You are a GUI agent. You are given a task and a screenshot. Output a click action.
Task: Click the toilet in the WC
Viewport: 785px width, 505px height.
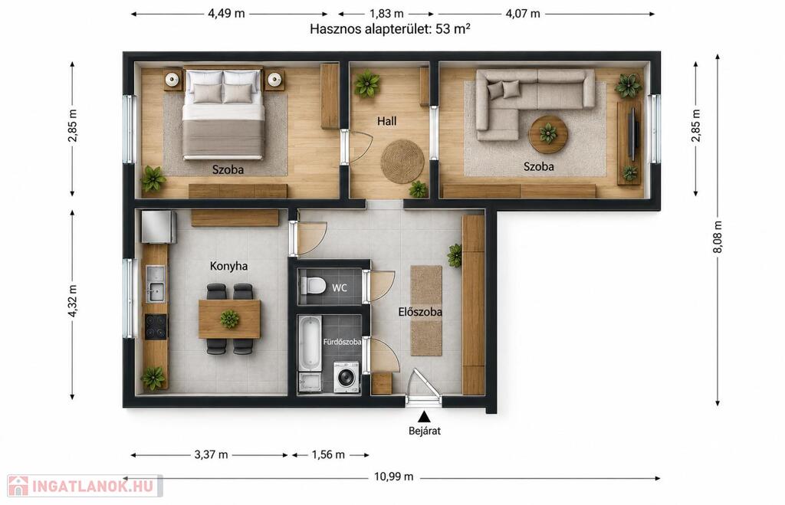pos(314,285)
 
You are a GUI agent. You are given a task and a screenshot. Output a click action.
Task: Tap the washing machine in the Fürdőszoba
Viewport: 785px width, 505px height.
pos(347,376)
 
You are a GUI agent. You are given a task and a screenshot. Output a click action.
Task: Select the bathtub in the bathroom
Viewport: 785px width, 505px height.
pos(309,344)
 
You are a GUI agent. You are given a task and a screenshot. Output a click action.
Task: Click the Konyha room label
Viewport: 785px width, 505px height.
pos(228,266)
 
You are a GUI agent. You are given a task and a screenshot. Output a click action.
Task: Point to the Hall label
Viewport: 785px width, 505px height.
pos(387,121)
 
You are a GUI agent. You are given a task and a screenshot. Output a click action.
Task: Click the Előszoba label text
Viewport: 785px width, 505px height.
pos(420,313)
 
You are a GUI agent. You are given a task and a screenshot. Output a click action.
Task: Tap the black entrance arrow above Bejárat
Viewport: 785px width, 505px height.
pos(425,416)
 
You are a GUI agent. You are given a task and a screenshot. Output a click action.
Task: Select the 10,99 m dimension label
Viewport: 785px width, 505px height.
pos(394,477)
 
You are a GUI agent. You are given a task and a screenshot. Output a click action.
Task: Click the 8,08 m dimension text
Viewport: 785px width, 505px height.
pos(718,238)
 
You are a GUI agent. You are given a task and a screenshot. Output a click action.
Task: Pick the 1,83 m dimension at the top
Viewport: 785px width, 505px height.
pos(386,14)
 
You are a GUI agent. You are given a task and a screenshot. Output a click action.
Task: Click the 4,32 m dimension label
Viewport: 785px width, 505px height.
pos(73,301)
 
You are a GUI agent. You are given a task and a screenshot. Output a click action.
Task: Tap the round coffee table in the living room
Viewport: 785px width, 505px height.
pos(549,134)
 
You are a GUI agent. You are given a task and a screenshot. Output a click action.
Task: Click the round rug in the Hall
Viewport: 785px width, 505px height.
pos(402,161)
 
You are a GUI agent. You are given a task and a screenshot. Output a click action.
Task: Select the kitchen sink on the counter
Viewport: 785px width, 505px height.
pos(156,284)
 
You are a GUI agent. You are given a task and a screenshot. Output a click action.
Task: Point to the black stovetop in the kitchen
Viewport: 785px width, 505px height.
pos(156,326)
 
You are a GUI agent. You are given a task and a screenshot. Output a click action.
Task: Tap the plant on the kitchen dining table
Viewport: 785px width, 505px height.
pos(230,319)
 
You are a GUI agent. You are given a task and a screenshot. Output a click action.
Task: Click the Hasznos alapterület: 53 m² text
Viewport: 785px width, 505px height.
pos(390,29)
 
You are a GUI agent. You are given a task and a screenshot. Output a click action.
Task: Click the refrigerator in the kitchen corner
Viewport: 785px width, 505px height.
pos(159,227)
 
